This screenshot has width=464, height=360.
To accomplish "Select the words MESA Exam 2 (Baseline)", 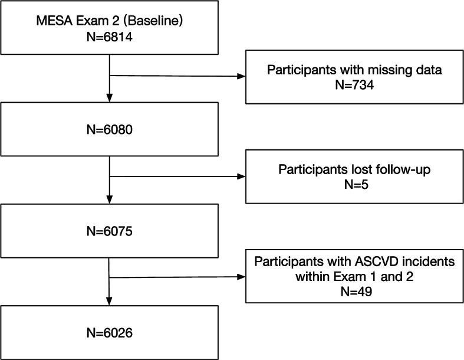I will pos(110,22).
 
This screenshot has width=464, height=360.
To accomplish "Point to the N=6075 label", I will pos(110,231).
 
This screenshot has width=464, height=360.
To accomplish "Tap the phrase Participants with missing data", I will pos(354,70).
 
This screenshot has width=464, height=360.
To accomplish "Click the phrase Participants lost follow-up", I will pos(354,169).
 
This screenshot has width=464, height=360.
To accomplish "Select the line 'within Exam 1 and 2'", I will pos(354,276).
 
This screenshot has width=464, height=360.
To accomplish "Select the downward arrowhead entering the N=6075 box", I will pos(110,201).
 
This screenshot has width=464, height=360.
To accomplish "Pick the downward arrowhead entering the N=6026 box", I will pos(110,302).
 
